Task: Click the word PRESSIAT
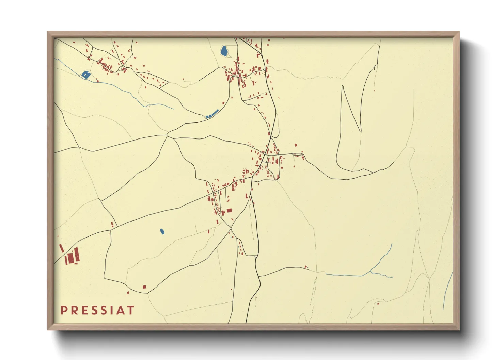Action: tap(97, 310)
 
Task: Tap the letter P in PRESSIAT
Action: tap(63, 310)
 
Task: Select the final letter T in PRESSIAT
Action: tap(131, 310)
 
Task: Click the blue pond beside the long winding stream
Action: tap(85, 74)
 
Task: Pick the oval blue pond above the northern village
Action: tap(224, 51)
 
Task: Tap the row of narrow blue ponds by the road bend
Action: tap(212, 114)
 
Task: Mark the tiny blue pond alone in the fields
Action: tap(162, 232)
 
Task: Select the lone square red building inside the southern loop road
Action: tap(144, 287)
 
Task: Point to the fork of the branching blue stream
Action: tap(370, 272)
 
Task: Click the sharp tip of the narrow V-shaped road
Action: tap(360, 131)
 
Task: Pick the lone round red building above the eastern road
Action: tap(296, 145)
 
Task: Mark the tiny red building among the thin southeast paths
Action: tap(378, 303)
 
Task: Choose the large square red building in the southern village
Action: tap(229, 210)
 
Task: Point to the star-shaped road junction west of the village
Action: tap(167, 136)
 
